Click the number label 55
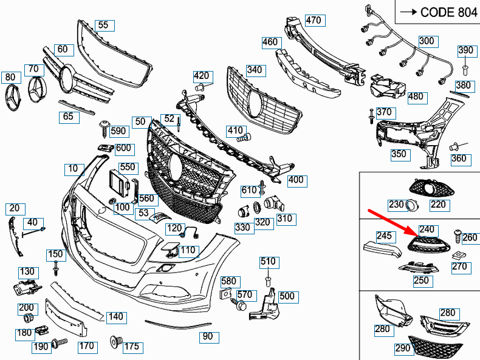[x=103, y=25]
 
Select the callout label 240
[x=428, y=229]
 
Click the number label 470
[x=313, y=21]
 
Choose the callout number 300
[x=427, y=41]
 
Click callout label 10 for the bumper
[x=73, y=168]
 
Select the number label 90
[x=207, y=335]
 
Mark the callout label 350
[x=399, y=154]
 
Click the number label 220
[x=438, y=205]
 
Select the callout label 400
[x=296, y=180]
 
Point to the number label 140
[x=115, y=316]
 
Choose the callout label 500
[x=287, y=296]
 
